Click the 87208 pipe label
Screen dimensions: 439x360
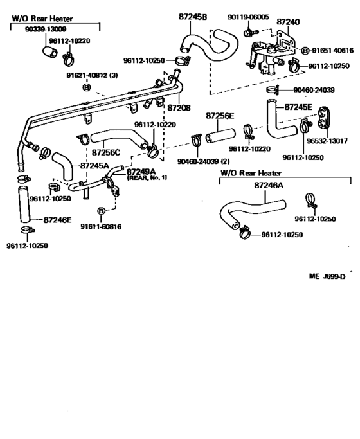(179, 109)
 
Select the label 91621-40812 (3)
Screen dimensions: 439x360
(89, 75)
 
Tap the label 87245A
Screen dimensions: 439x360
(94, 166)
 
